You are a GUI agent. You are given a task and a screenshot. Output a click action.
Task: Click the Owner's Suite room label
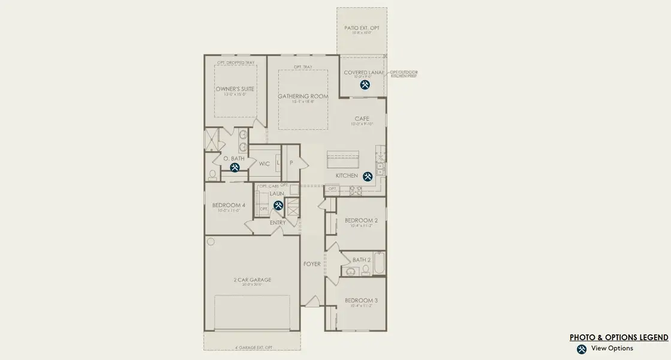click(x=235, y=89)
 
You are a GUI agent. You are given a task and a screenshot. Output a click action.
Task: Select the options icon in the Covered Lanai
click(x=365, y=85)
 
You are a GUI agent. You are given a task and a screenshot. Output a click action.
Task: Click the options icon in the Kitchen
click(x=368, y=176)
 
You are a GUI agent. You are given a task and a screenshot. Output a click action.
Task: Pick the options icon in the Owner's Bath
click(x=235, y=168)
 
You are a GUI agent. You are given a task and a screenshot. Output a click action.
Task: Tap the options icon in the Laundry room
click(x=278, y=205)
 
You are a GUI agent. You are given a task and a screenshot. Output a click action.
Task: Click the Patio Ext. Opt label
click(x=362, y=28)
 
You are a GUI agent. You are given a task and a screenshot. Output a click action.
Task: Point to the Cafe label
click(x=362, y=119)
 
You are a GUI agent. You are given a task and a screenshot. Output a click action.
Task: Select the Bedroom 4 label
click(x=228, y=206)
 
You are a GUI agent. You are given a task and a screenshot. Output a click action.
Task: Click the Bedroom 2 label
click(x=361, y=220)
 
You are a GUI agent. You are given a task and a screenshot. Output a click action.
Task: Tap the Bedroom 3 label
click(x=361, y=301)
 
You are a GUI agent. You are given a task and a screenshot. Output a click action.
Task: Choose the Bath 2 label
click(x=362, y=260)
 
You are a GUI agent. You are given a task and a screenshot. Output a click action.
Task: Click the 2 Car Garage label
click(x=252, y=280)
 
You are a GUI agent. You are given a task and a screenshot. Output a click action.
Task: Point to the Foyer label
click(x=312, y=264)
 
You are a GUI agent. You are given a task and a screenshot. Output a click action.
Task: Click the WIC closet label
click(x=264, y=163)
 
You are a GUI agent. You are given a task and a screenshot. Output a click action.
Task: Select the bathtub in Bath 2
click(x=378, y=263)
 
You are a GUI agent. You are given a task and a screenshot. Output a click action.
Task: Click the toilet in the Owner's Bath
click(x=212, y=175)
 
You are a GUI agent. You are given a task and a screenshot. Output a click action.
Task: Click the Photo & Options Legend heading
click(x=618, y=338)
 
